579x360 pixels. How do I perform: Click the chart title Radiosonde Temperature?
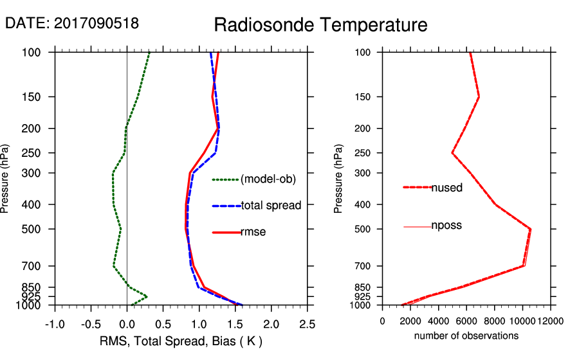click(320, 25)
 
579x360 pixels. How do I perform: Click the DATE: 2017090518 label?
click(72, 23)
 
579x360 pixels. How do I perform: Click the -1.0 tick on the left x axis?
click(55, 322)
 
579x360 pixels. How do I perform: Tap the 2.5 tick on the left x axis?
click(308, 322)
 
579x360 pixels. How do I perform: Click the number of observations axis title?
click(466, 336)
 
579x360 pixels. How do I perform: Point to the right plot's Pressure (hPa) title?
click(338, 179)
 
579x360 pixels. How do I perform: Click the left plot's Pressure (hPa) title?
click(6, 179)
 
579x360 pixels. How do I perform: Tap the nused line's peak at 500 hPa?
click(531, 228)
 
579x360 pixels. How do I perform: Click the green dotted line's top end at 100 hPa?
click(149, 52)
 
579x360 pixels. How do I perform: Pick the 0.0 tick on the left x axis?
click(127, 322)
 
